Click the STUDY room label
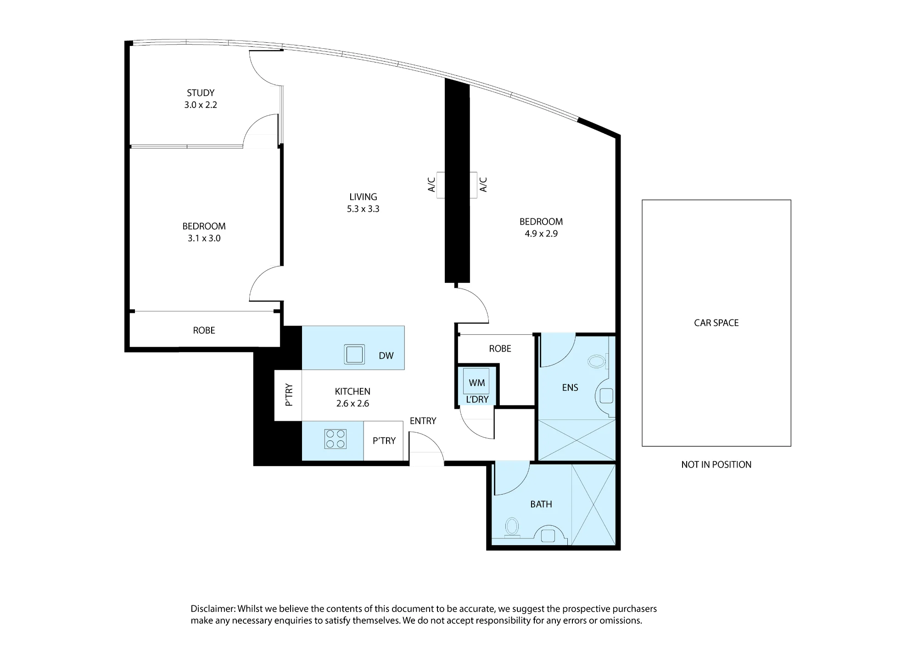201,93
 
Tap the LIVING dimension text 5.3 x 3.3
363,209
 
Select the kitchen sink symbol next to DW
354,355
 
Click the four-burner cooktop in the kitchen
335,439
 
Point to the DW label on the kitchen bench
386,356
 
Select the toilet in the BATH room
512,527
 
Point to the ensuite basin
605,396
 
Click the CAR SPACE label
716,323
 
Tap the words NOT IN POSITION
716,465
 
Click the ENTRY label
423,421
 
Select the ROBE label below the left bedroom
204,330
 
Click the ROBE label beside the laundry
500,349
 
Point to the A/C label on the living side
431,185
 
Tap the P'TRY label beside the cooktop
384,441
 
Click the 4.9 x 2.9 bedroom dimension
541,234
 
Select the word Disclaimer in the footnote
213,609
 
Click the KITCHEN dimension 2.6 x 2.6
353,404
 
